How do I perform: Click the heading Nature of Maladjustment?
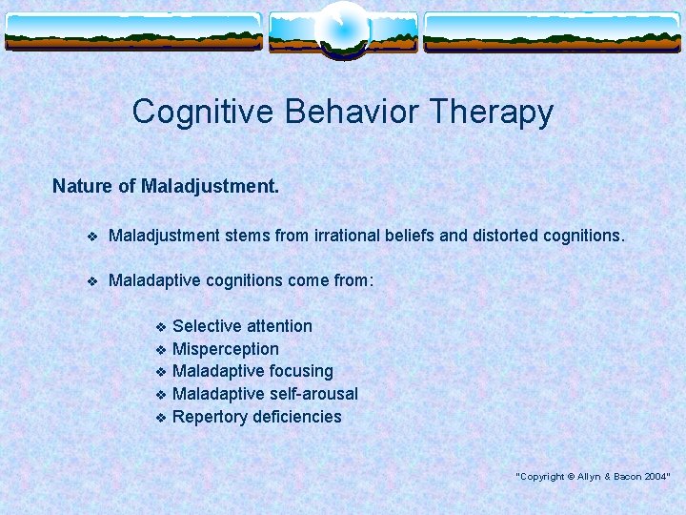click(166, 186)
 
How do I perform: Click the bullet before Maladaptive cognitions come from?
click(91, 282)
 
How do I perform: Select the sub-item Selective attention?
click(242, 326)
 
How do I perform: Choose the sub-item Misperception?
click(226, 349)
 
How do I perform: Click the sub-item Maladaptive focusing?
click(252, 371)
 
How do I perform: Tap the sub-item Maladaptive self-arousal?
click(265, 394)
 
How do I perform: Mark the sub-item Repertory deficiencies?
click(256, 417)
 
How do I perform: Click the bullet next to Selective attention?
click(161, 327)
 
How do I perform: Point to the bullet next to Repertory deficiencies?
click(161, 418)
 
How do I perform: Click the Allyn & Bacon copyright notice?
click(593, 476)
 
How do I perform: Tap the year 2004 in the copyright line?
click(656, 476)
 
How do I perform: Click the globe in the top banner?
click(342, 29)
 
